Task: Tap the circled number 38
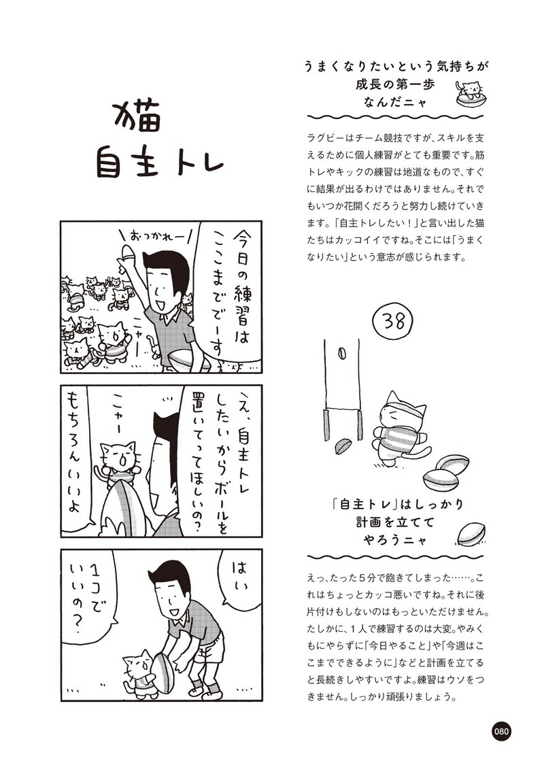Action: point(394,321)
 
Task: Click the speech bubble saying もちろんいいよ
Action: point(79,454)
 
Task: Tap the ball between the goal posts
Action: point(341,355)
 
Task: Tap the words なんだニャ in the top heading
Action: point(395,102)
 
